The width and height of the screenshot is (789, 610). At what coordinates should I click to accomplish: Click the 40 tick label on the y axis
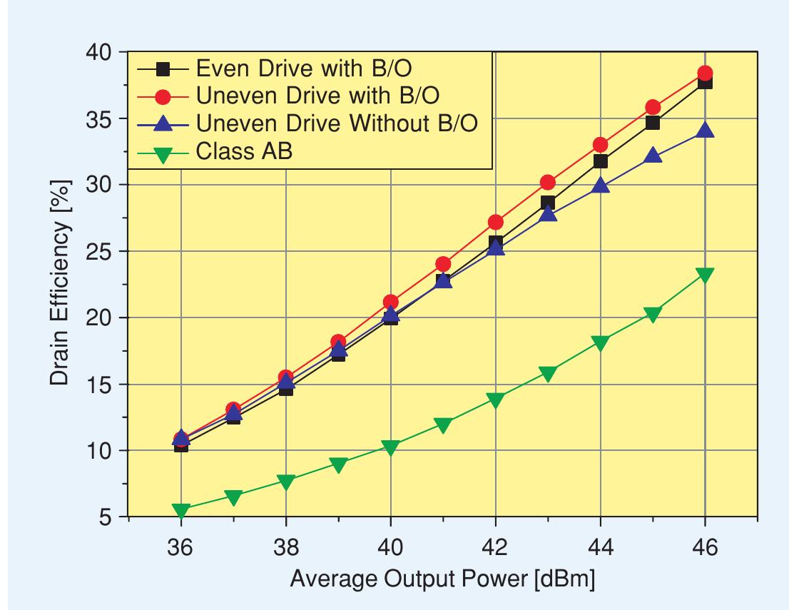(x=101, y=52)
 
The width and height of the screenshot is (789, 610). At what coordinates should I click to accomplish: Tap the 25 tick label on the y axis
(x=101, y=251)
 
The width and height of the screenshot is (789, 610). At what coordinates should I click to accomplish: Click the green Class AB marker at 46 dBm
(x=705, y=275)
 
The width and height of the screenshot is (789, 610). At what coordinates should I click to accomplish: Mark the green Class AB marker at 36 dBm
(x=181, y=511)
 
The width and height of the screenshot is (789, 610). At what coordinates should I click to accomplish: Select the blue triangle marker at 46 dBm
(x=705, y=131)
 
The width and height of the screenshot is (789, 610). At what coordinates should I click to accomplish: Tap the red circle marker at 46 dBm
(x=705, y=73)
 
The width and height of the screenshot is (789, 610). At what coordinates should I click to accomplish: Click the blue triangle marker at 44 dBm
(x=601, y=186)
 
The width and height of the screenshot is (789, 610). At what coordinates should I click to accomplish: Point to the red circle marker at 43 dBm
(x=548, y=183)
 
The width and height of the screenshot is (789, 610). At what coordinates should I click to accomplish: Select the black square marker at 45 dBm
(x=653, y=123)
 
